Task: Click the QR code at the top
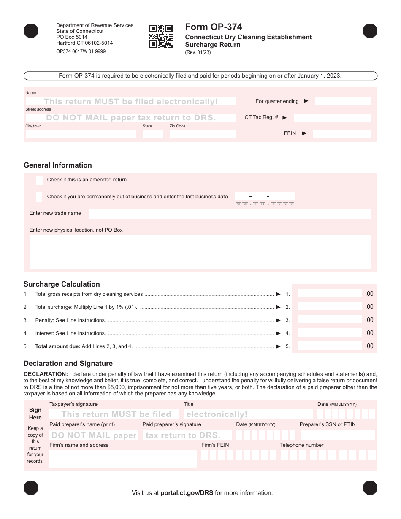(161, 36)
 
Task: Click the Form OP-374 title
(214, 27)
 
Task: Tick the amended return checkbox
(39, 180)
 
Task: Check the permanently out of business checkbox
(39, 197)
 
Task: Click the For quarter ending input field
(343, 101)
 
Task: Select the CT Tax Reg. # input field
(332, 118)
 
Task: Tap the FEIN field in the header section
(342, 134)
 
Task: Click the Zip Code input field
(203, 134)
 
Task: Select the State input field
(153, 134)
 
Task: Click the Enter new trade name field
(230, 214)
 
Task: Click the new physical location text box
(200, 252)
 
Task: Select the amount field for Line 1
(330, 294)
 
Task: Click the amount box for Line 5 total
(330, 346)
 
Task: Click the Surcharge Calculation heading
(62, 284)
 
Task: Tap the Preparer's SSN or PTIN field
(337, 435)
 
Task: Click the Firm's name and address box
(123, 459)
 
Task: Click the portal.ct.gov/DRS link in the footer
(187, 493)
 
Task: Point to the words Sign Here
(35, 414)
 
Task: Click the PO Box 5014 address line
(72, 37)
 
